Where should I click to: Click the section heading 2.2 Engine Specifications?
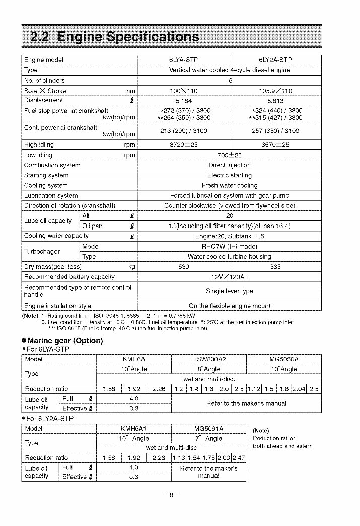[x=115, y=37]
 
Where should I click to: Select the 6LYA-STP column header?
[x=183, y=60]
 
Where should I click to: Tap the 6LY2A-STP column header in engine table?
[x=275, y=60]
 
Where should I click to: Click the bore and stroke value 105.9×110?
[x=275, y=91]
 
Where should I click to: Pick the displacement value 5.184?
[x=183, y=100]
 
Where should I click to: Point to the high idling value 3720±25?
[x=183, y=145]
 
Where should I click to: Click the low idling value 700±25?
[x=229, y=155]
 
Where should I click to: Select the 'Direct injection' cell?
[x=229, y=165]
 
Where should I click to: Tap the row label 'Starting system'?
[x=47, y=175]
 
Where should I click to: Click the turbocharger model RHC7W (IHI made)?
[x=229, y=247]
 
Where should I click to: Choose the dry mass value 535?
[x=275, y=267]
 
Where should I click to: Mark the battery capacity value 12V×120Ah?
[x=229, y=277]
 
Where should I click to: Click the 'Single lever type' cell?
[x=229, y=291]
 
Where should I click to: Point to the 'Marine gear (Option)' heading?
[x=62, y=341]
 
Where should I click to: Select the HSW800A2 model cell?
[x=209, y=359]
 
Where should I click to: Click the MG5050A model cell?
[x=284, y=359]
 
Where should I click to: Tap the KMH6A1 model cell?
[x=133, y=429]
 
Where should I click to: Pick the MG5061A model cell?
[x=208, y=429]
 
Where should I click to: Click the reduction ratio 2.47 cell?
[x=239, y=458]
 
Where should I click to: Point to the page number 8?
[x=171, y=495]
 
